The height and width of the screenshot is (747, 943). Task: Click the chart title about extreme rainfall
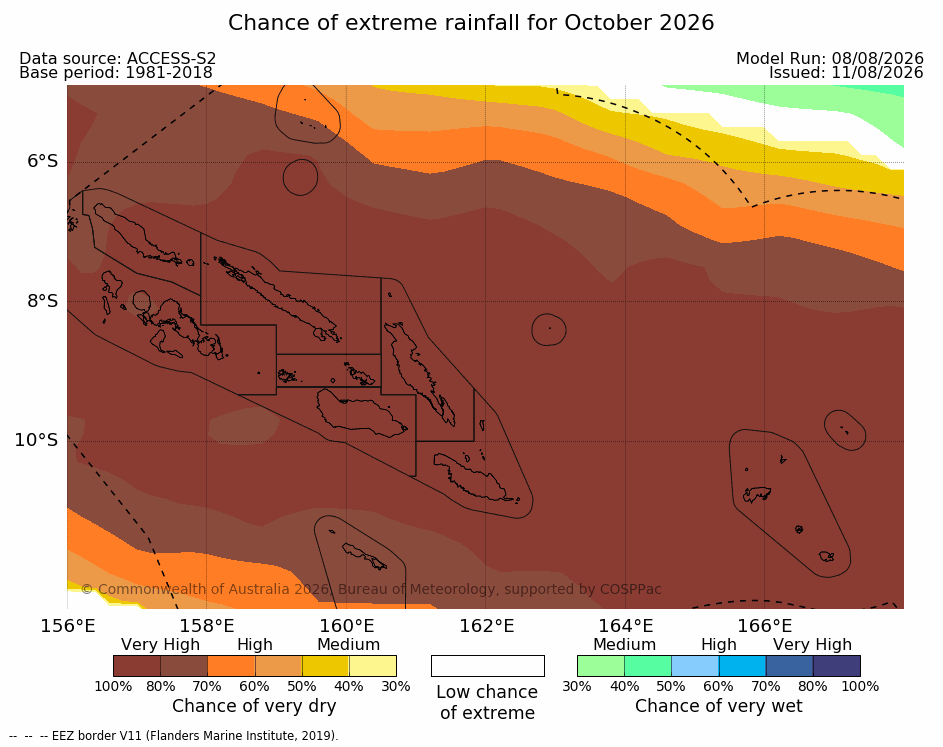pyautogui.click(x=471, y=23)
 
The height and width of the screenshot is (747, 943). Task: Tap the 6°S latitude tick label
pyautogui.click(x=43, y=161)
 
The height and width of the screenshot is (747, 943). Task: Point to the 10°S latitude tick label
pyautogui.click(x=37, y=440)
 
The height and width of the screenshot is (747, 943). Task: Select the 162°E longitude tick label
pyautogui.click(x=487, y=626)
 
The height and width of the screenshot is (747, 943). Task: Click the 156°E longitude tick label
pyautogui.click(x=68, y=626)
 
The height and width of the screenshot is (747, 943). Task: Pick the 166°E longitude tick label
pyautogui.click(x=765, y=626)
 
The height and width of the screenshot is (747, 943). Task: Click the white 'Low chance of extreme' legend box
pyautogui.click(x=488, y=666)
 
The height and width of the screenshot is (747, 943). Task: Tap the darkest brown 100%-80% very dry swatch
pyautogui.click(x=137, y=666)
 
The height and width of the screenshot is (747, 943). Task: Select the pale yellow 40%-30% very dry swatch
pyautogui.click(x=373, y=666)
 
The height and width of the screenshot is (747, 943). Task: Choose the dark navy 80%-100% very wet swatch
pyautogui.click(x=837, y=666)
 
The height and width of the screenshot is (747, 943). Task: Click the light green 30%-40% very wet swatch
pyautogui.click(x=601, y=666)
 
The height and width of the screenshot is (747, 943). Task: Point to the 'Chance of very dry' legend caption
pyautogui.click(x=254, y=706)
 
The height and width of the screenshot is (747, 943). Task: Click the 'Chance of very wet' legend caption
pyautogui.click(x=719, y=706)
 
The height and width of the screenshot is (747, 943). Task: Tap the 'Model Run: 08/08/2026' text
pyautogui.click(x=830, y=58)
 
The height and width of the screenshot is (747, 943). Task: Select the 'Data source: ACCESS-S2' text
pyautogui.click(x=117, y=58)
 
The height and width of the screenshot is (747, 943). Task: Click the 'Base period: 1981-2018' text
pyautogui.click(x=115, y=73)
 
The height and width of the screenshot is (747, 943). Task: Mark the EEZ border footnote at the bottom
pyautogui.click(x=174, y=736)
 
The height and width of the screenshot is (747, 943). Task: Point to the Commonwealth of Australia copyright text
pyautogui.click(x=371, y=589)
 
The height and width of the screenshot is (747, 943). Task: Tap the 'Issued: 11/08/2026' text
pyautogui.click(x=846, y=73)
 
